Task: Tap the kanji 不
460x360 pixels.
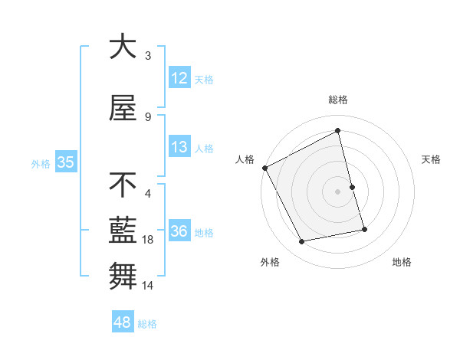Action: click(123, 185)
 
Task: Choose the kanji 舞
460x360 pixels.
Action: click(123, 275)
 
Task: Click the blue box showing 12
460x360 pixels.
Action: click(179, 79)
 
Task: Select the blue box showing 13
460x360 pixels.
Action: click(179, 148)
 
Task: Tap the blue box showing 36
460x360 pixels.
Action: click(179, 232)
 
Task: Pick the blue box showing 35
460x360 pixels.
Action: click(65, 162)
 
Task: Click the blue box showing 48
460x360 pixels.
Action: click(123, 323)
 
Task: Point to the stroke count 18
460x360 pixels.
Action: click(149, 240)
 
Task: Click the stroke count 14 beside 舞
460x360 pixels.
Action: click(149, 286)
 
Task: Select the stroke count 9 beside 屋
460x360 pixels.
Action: click(148, 117)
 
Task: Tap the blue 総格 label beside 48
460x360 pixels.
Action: click(147, 324)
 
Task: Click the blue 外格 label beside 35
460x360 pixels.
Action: click(41, 163)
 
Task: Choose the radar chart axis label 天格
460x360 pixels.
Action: click(432, 159)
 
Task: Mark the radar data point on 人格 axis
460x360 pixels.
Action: click(265, 168)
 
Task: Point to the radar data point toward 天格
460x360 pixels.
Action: click(352, 187)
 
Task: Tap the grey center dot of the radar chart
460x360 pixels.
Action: click(337, 191)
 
